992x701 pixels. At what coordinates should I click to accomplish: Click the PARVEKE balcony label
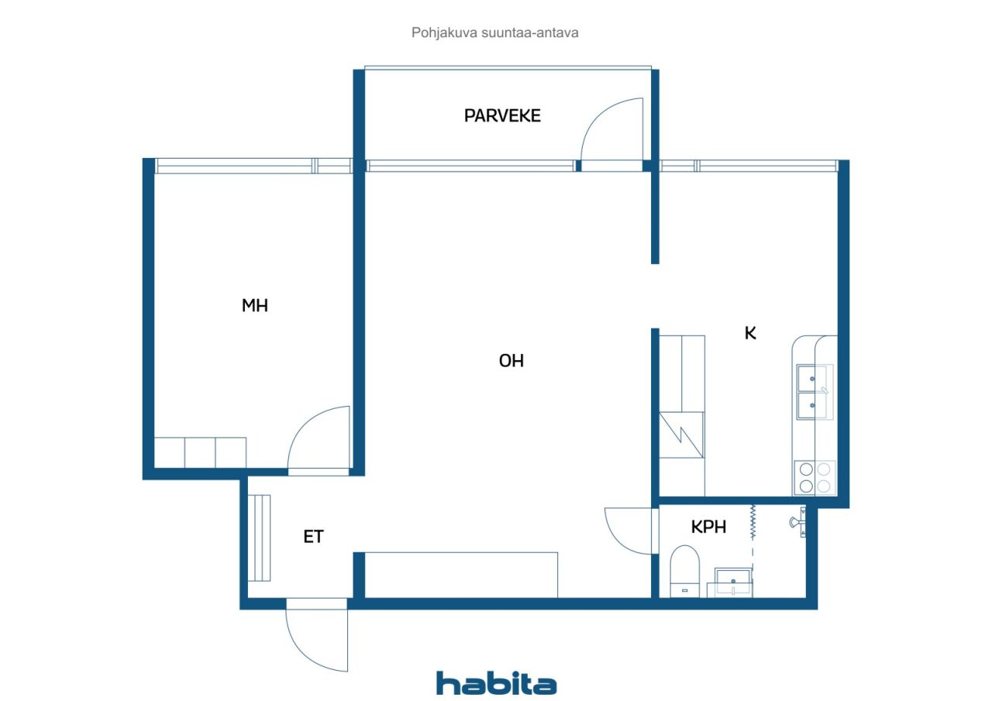click(502, 116)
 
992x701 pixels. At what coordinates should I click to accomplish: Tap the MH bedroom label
click(255, 306)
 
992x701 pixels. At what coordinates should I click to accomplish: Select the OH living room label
click(511, 361)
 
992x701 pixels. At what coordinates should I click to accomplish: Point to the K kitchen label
click(750, 333)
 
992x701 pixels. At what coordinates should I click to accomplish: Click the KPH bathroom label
click(708, 527)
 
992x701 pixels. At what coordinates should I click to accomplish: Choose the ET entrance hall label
click(314, 538)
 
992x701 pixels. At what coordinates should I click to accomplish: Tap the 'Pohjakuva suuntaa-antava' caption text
click(494, 33)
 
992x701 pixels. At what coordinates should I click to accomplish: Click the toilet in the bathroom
click(684, 572)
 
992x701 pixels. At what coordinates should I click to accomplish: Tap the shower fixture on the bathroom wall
click(798, 523)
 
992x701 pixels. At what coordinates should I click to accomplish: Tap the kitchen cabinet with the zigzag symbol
click(681, 435)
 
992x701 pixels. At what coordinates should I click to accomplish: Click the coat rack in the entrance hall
click(259, 538)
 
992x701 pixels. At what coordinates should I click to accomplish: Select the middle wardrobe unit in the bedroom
click(200, 452)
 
